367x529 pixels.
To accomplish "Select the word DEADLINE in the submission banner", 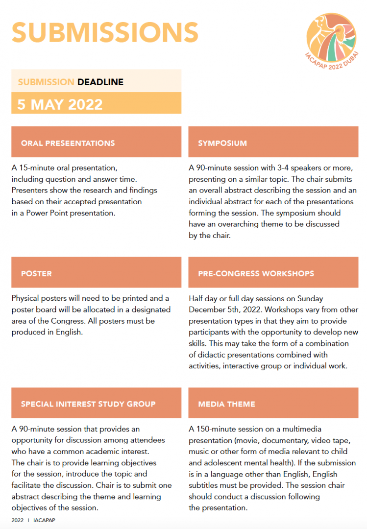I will point(100,82).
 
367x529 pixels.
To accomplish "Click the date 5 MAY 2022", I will point(60,104).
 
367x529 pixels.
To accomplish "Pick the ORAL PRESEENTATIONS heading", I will point(68,143).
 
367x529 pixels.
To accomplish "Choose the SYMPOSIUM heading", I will point(222,143).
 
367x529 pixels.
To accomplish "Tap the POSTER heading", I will point(36,273).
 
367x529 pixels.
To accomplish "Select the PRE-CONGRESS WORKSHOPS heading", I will point(256,273).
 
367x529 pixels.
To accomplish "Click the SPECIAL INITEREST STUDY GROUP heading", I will point(88,404).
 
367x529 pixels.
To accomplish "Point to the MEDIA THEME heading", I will point(226,404).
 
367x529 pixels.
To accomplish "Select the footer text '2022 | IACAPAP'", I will point(33,520).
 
